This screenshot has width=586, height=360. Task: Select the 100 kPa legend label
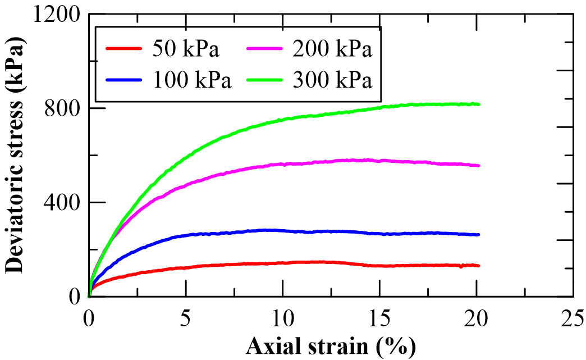point(191,80)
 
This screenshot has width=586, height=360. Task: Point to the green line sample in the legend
point(265,80)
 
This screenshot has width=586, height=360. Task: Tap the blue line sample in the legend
point(125,80)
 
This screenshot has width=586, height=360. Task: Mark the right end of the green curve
point(478,104)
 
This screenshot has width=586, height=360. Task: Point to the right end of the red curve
point(478,266)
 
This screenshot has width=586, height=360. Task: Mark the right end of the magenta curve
point(478,166)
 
